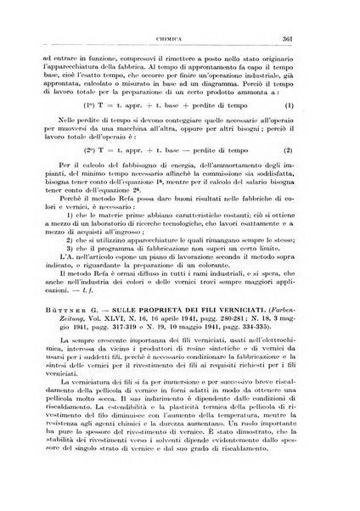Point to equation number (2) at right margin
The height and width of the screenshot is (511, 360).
[x=312, y=172]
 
